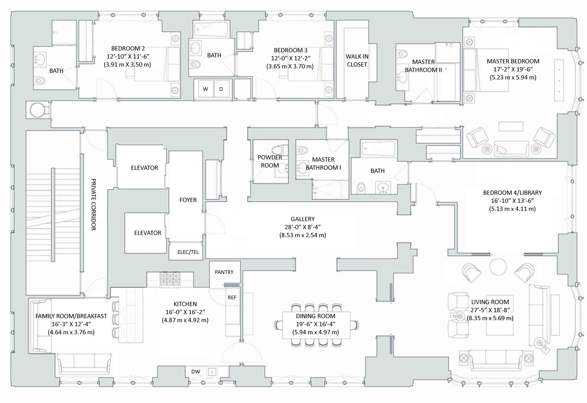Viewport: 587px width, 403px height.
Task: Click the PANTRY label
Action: [x=224, y=272]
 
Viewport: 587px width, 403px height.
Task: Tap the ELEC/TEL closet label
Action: [x=188, y=252]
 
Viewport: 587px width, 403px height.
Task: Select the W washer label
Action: [x=205, y=89]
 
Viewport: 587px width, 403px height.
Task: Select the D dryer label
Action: [x=221, y=89]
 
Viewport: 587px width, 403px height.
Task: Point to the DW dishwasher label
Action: [x=196, y=372]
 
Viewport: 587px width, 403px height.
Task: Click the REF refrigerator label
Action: [x=232, y=297]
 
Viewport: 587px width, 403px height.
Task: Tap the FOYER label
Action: [x=188, y=200]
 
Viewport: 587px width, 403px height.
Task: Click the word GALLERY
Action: [x=303, y=219]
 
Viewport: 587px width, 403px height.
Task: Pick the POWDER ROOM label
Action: [x=270, y=161]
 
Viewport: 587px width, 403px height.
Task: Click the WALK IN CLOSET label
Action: [x=357, y=60]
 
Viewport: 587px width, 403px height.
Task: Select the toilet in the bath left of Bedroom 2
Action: [x=40, y=81]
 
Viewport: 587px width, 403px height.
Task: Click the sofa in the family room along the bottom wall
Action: [x=84, y=364]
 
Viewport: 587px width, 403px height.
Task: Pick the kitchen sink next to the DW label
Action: [x=212, y=372]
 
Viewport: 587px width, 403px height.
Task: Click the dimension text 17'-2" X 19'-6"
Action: [x=513, y=69]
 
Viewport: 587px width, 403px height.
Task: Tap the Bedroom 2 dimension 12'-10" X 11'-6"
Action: [x=128, y=56]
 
